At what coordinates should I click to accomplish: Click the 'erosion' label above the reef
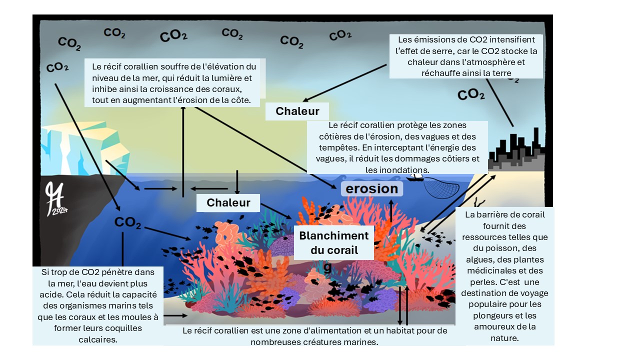coord(372,188)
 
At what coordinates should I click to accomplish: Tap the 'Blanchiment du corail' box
coord(333,243)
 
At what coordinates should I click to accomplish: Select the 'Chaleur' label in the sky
coord(297,111)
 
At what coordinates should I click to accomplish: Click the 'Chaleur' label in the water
coord(228,203)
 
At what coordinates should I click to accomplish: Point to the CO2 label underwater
coord(127,222)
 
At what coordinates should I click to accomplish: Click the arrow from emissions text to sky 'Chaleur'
coord(345,82)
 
